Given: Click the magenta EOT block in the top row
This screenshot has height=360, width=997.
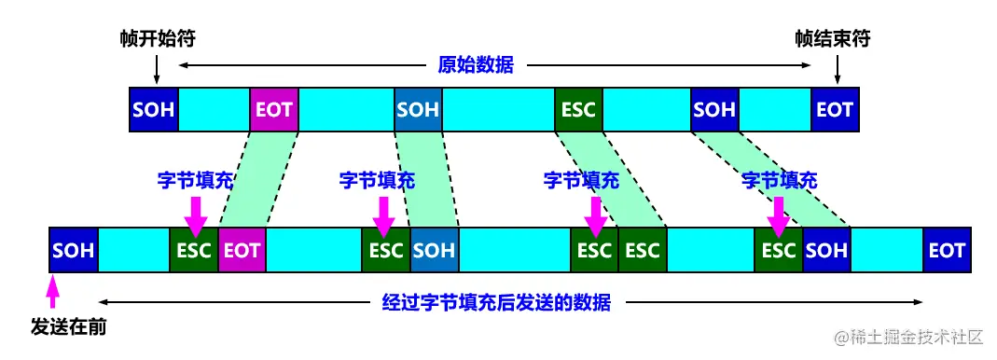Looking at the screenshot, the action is click(274, 110).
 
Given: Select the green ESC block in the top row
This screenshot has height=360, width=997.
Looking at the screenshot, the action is click(578, 110).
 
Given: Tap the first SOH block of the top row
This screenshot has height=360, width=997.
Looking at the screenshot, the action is click(154, 110).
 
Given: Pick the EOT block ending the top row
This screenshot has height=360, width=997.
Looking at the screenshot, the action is click(834, 110).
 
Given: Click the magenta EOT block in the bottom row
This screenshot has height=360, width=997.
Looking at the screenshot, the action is click(242, 250).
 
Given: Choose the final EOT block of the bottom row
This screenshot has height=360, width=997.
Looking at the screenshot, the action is click(947, 250).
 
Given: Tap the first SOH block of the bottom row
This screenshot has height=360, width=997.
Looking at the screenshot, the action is click(74, 250).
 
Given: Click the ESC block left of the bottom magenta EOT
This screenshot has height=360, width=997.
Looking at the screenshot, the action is click(194, 250).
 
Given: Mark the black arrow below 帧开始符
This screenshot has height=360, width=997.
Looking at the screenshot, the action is click(157, 68).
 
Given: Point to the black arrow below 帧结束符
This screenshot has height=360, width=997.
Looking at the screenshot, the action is click(837, 68).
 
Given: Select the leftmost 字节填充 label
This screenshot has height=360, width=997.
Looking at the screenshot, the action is click(194, 180).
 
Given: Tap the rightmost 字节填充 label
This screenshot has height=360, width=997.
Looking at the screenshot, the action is click(779, 180).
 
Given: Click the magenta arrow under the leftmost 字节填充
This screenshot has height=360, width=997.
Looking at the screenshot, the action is click(196, 212).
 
